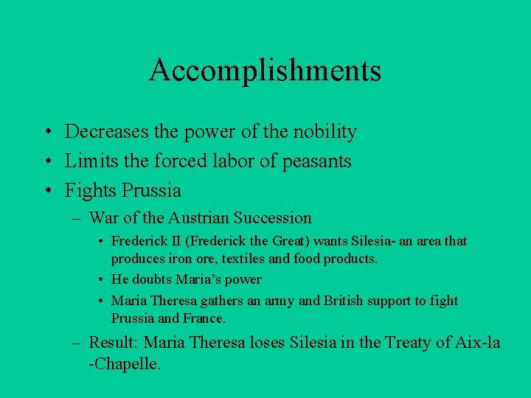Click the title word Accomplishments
(x=265, y=70)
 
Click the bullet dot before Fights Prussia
(x=46, y=191)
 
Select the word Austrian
(x=198, y=218)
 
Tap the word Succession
(x=273, y=218)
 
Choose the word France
(x=204, y=318)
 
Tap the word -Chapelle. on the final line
(x=125, y=363)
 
